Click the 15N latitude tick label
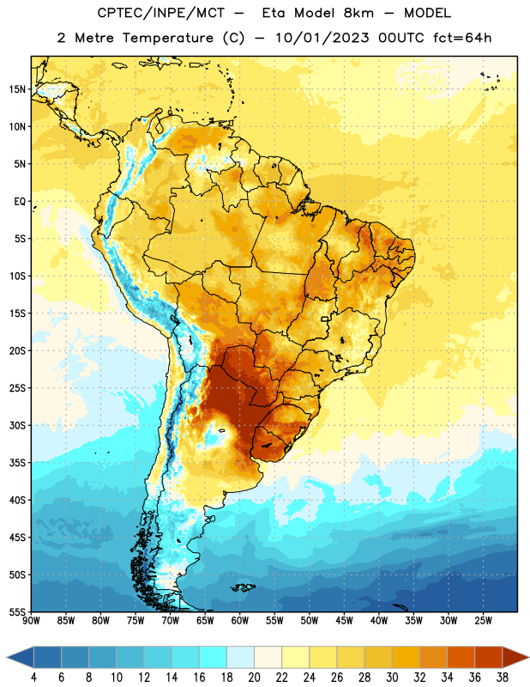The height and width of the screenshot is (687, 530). [17, 89]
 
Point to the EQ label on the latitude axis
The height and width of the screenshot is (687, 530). [20, 202]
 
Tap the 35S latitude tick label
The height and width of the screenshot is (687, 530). [17, 463]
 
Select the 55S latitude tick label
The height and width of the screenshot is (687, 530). [17, 612]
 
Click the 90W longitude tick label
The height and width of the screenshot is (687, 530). [31, 621]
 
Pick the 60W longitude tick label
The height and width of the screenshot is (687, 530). [240, 621]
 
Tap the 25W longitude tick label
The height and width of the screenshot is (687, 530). [483, 621]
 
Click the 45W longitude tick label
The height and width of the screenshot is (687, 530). [344, 621]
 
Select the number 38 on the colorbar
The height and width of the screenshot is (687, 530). [503, 678]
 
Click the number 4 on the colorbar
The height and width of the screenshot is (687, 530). [33, 678]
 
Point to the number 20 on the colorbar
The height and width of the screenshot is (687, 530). [254, 678]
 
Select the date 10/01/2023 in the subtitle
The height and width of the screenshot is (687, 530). [322, 38]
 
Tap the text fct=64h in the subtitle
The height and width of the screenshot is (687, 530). [462, 38]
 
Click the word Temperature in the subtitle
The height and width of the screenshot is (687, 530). [167, 39]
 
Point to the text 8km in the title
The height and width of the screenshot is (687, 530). [358, 14]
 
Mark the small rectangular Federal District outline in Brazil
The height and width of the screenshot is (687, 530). [325, 319]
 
